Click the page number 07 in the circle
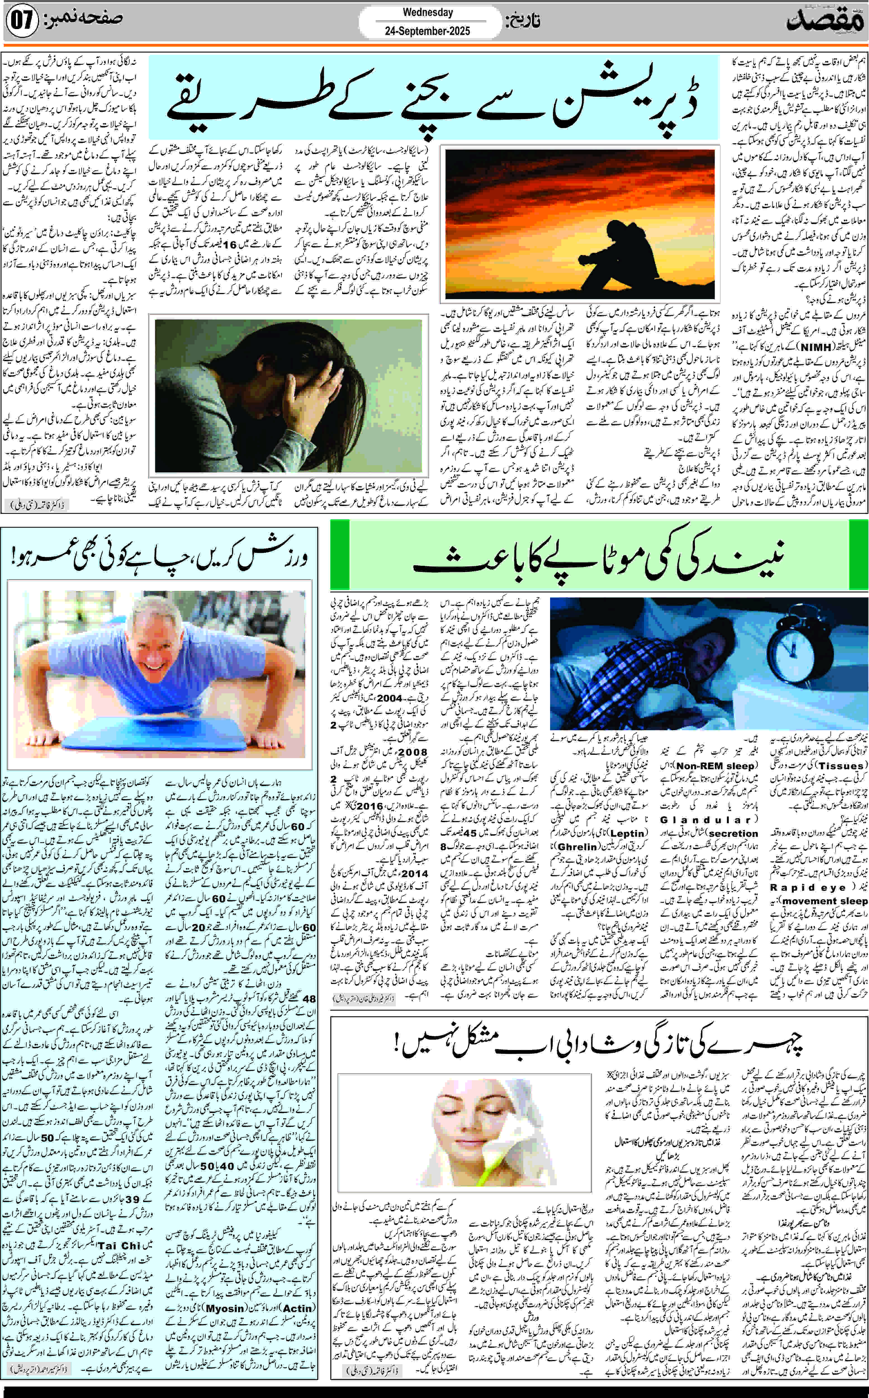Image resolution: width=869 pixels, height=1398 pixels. [21, 21]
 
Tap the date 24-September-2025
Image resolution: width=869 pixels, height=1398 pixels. [428, 31]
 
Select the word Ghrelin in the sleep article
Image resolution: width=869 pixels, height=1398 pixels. [577, 847]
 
